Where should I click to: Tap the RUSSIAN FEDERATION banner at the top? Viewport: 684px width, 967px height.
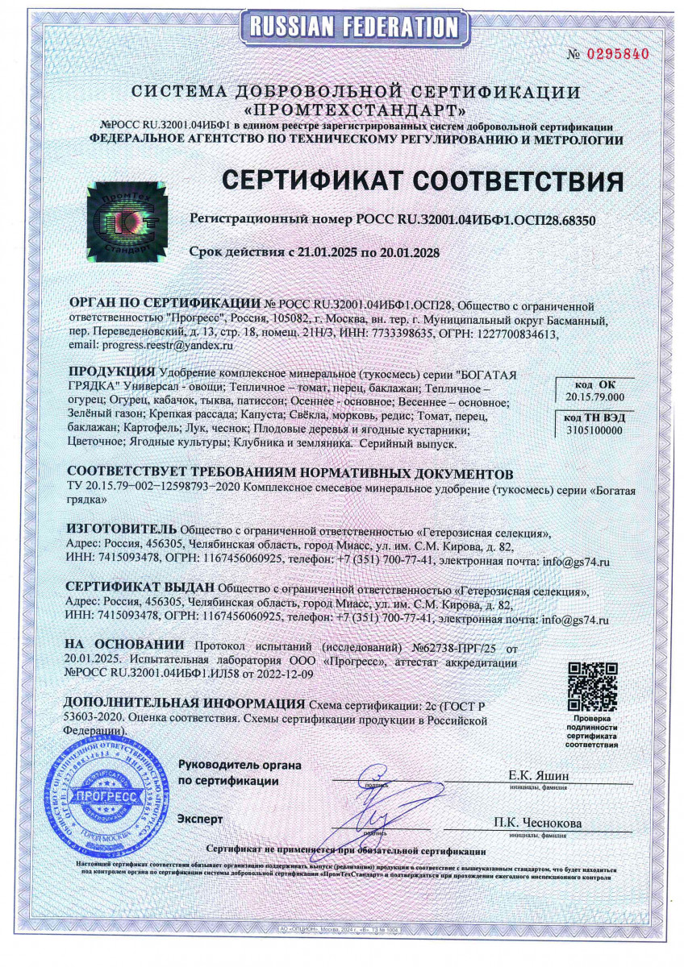[x=342, y=27]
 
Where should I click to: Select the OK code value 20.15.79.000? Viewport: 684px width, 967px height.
[x=594, y=397]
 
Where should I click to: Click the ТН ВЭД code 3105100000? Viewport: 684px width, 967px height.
[x=594, y=431]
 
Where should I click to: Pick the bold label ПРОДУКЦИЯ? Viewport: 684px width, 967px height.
[x=111, y=371]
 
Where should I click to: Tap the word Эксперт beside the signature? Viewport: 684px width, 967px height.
[x=199, y=819]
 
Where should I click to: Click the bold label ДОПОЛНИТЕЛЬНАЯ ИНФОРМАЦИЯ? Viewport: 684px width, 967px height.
[x=184, y=703]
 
